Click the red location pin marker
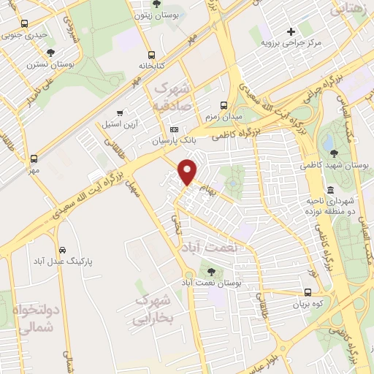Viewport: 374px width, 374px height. pyautogui.click(x=188, y=171)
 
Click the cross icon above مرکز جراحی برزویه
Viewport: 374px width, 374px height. pyautogui.click(x=291, y=31)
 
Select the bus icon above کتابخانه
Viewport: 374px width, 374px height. pyautogui.click(x=151, y=55)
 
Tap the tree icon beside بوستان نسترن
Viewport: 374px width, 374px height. pyautogui.click(x=50, y=53)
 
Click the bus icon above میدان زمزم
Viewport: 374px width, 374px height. pyautogui.click(x=224, y=104)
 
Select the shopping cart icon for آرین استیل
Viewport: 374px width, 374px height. pyautogui.click(x=119, y=113)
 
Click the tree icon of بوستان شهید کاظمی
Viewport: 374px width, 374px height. pyautogui.click(x=334, y=153)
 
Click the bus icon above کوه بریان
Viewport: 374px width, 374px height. pyautogui.click(x=308, y=291)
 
